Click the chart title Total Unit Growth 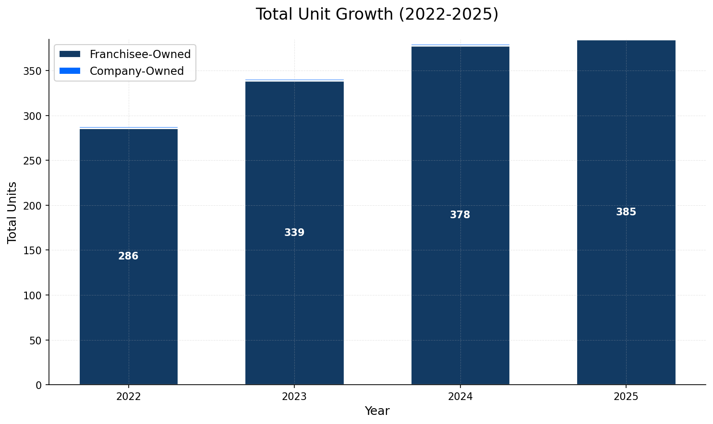click(377, 14)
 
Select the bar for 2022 click(128, 288)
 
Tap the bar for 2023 click(294, 288)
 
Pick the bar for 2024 click(460, 288)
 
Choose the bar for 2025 click(626, 288)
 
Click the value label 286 click(128, 257)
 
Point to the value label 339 click(294, 233)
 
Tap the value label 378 click(460, 215)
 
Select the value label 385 click(626, 212)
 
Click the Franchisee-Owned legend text click(140, 55)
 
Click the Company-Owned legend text click(137, 71)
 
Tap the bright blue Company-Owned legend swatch click(70, 71)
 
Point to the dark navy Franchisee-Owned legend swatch click(70, 55)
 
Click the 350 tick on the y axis click(33, 71)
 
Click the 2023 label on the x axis click(294, 397)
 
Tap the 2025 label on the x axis click(626, 397)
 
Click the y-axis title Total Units click(12, 212)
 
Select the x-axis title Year click(377, 411)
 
